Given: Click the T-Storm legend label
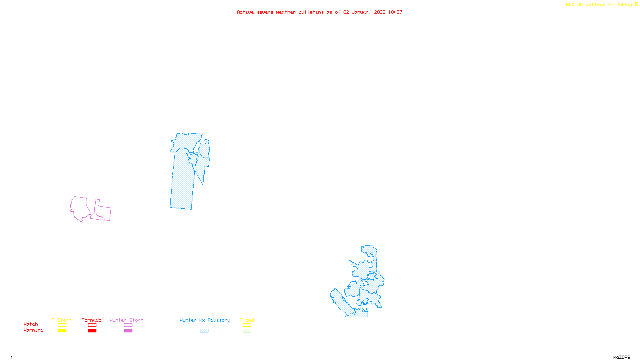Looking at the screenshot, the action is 62,320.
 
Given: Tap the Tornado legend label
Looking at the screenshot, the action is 92,320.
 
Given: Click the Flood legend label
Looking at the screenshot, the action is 247,320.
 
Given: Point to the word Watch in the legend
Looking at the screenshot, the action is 31,324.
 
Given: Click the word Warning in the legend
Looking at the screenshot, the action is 33,330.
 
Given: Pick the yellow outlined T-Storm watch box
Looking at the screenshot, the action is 62,325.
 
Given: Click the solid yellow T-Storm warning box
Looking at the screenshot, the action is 62,331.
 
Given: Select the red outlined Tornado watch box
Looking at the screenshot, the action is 92,325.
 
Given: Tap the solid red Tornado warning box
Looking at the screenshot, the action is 92,331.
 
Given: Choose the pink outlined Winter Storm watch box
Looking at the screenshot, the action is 128,325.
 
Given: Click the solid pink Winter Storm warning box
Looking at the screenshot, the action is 128,331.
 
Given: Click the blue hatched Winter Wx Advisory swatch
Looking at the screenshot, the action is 204,331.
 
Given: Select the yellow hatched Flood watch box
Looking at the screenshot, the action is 247,325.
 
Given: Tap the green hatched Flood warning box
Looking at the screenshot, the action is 247,331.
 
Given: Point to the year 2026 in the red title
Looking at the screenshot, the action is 380,12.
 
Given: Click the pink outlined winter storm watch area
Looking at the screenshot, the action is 80,208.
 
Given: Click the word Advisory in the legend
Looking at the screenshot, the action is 219,320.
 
